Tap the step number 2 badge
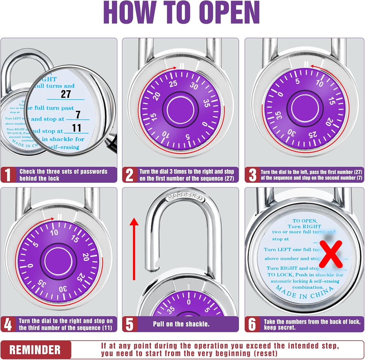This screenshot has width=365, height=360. [x=130, y=175]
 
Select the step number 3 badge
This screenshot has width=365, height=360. [x=252, y=175]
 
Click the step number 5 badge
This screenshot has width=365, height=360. [x=130, y=324]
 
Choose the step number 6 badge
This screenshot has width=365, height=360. [x=252, y=324]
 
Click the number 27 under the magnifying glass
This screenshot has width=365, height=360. [x=66, y=94]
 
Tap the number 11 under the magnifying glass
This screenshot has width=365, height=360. [x=77, y=128]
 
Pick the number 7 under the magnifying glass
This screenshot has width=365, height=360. [x=78, y=115]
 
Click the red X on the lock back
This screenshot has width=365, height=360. [x=331, y=254]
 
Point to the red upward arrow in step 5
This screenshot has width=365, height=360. [x=135, y=248]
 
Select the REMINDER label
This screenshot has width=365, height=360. [x=35, y=349]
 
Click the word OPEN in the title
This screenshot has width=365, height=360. [x=223, y=13]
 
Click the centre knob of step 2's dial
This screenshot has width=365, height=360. [x=181, y=110]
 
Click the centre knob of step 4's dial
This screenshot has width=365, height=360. [x=59, y=261]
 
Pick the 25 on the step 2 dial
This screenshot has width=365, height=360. [x=173, y=83]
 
